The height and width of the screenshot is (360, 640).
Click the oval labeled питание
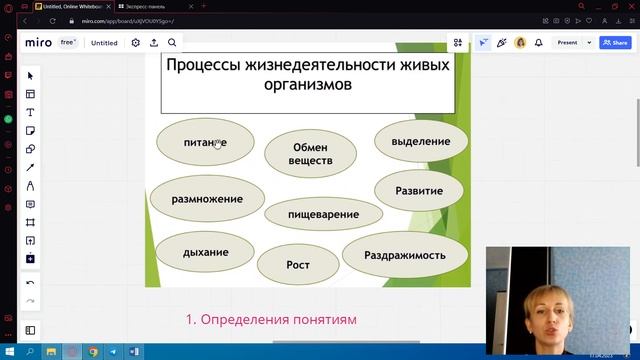[x=204, y=142]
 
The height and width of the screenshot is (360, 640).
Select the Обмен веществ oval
[x=311, y=153]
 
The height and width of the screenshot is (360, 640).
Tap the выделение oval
[x=420, y=141]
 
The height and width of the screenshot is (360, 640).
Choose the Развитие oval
[x=419, y=189]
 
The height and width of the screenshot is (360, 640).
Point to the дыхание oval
[x=205, y=252]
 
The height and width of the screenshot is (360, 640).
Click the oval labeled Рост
[x=298, y=265]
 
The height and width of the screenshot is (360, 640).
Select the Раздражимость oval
[x=404, y=254]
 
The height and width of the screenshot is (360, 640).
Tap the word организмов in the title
[x=309, y=86]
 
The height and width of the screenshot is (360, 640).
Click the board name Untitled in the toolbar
[x=104, y=43]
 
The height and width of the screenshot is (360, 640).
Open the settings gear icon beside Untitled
[x=136, y=43]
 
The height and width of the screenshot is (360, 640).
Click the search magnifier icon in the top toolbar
[x=172, y=43]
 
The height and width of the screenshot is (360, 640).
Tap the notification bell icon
[x=538, y=43]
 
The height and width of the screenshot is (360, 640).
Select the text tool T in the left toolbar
[x=30, y=112]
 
